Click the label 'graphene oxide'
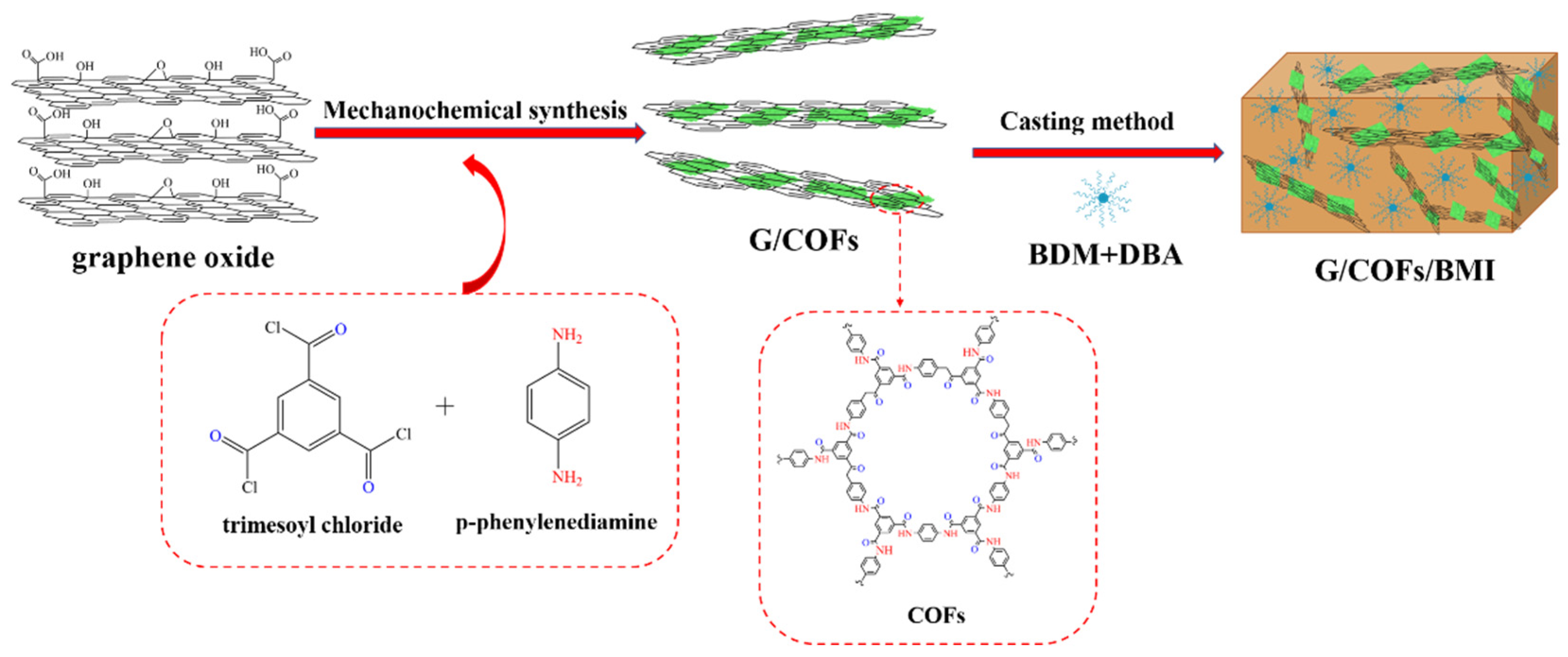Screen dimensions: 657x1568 [x=173, y=258]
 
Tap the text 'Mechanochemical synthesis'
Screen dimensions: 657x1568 [x=475, y=110]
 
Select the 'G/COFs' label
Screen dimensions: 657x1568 [x=803, y=240]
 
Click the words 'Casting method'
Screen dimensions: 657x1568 [x=1086, y=121]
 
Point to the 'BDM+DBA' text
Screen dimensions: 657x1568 [x=1105, y=254]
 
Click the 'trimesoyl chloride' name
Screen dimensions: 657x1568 [x=312, y=524]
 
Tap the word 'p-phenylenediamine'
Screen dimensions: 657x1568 [x=556, y=522]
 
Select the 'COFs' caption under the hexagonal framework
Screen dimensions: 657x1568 [x=936, y=615]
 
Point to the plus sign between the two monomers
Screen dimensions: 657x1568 [x=445, y=406]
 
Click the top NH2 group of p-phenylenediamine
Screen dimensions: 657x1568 [x=566, y=335]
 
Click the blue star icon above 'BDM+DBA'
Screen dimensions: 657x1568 [x=1103, y=198]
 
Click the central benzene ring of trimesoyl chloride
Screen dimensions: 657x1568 [x=309, y=415]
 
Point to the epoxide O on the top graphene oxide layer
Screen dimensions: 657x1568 [x=160, y=65]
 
